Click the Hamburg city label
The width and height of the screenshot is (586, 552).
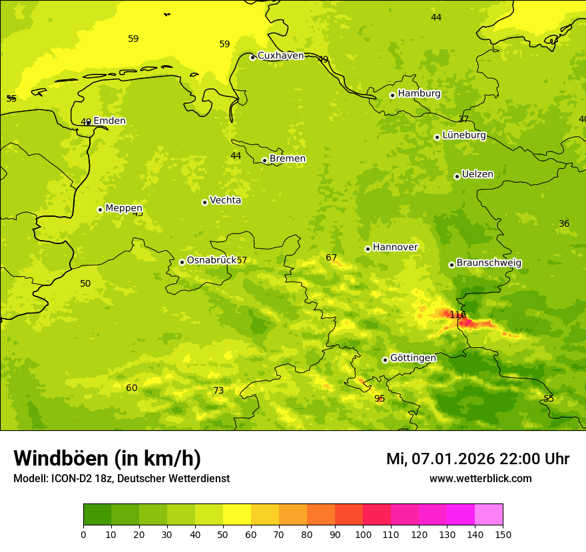419,94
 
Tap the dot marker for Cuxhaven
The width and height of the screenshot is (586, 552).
252,57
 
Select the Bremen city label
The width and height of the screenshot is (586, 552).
287,159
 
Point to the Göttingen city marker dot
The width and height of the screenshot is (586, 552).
385,360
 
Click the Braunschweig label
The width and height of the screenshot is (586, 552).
489,263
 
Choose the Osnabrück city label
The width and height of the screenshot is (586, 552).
211,261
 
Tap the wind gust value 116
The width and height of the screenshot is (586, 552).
457,315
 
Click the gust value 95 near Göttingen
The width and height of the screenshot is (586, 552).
380,399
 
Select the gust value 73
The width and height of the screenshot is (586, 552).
218,391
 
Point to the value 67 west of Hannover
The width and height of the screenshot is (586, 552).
332,258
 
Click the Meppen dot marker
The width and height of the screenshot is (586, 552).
100,209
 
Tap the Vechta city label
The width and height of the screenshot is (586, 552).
225,200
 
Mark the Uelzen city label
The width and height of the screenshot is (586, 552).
477,175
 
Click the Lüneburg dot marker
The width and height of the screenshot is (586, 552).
437,137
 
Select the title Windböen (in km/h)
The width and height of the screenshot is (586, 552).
107,459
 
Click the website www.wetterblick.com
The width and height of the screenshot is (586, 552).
480,479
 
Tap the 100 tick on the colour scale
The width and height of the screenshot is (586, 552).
363,534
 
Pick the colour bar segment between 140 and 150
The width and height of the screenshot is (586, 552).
489,515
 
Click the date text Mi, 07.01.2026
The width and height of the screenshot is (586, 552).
441,459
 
